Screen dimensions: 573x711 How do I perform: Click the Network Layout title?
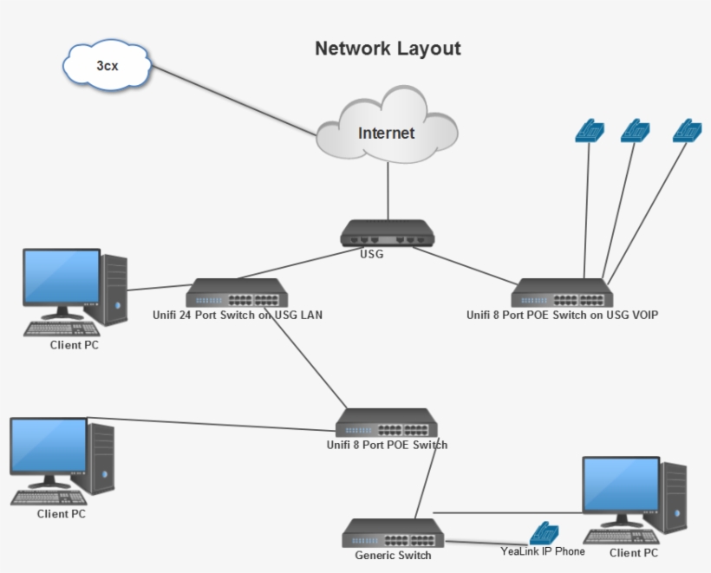[388, 49]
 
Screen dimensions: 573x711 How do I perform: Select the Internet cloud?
[387, 133]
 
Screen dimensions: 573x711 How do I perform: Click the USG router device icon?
[386, 234]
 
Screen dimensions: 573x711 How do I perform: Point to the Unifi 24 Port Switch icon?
[237, 293]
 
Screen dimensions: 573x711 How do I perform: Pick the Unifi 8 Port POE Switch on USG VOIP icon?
[562, 293]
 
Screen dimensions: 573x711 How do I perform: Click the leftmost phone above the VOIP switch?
[590, 130]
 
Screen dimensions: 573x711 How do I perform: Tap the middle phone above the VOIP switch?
[636, 130]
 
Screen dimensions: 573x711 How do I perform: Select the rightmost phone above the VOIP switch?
[688, 130]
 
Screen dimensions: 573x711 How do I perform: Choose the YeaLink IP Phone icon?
[544, 532]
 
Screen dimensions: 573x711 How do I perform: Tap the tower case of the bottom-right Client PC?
[674, 498]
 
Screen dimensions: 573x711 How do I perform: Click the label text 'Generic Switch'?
[393, 556]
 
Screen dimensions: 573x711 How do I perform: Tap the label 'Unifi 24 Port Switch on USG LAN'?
[236, 316]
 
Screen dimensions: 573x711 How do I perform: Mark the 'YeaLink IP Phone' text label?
[542, 551]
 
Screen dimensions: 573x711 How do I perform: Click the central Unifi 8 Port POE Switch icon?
[387, 422]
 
